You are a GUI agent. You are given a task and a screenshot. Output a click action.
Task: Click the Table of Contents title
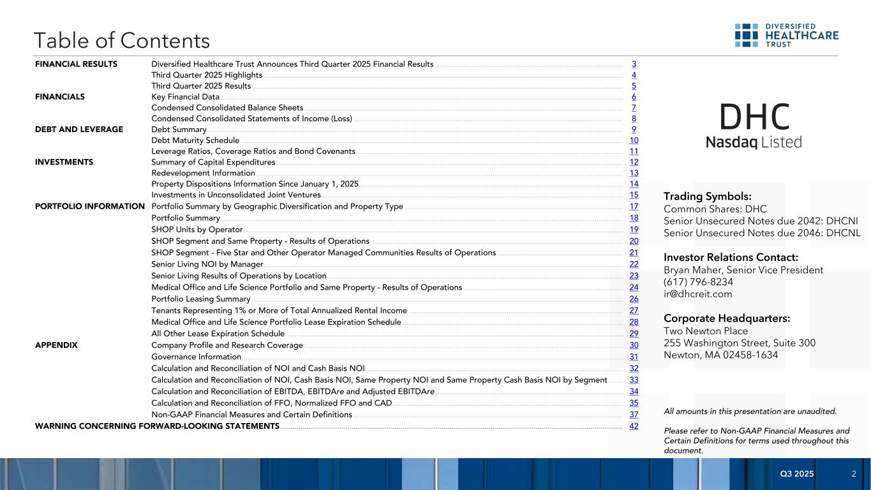(x=122, y=41)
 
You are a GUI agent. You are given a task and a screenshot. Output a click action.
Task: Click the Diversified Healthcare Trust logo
(x=786, y=36)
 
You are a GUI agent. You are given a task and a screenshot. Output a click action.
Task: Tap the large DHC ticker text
(x=754, y=117)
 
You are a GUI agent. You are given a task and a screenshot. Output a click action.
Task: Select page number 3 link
(x=634, y=64)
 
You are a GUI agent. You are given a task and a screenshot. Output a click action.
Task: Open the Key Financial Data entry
(x=185, y=97)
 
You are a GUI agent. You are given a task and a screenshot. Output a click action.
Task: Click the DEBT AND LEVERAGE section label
(x=79, y=130)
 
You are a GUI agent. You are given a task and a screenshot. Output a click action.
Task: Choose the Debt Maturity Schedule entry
(x=195, y=140)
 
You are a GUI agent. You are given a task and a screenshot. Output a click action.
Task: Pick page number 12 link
(x=634, y=162)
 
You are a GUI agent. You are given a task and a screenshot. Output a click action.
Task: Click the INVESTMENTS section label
(x=64, y=162)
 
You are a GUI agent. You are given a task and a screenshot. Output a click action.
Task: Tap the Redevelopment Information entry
(x=203, y=173)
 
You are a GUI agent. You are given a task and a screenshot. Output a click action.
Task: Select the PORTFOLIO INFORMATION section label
(x=90, y=206)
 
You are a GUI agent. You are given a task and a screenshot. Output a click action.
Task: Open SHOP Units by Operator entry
(x=197, y=230)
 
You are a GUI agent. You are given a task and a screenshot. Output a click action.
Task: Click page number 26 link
(x=634, y=299)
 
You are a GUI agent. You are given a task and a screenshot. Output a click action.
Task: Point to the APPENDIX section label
(x=56, y=345)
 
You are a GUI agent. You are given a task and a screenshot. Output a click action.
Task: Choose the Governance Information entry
(x=196, y=357)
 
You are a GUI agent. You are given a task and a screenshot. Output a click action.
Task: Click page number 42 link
(x=634, y=426)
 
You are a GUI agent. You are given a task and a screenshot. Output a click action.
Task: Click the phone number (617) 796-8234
(x=698, y=282)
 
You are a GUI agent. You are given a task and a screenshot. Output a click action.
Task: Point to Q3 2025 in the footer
(x=797, y=473)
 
